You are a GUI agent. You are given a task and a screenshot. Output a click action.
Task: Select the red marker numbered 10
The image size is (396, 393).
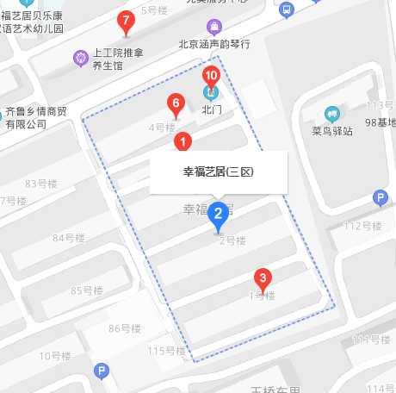tap(211, 75)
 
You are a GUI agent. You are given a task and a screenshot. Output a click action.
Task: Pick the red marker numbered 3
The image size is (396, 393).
tap(263, 278)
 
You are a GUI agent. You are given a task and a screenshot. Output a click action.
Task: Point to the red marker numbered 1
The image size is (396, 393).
tap(183, 140)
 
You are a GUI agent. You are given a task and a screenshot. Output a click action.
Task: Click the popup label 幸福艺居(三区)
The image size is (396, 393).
tap(219, 172)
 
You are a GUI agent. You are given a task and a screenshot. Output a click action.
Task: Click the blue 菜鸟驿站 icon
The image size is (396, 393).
tap(332, 114)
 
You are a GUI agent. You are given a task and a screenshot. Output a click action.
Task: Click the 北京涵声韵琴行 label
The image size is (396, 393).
tap(214, 44)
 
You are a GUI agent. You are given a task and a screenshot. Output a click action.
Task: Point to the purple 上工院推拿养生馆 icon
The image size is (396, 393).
tap(81, 58)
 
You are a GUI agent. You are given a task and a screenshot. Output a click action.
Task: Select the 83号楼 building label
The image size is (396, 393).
tap(40, 184)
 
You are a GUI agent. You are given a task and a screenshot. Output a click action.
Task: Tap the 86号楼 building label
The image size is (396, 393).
tap(125, 328)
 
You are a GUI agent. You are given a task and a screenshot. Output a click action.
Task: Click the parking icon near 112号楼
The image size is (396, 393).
tap(380, 199)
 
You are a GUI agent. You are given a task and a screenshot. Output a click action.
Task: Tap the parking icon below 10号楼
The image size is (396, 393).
tap(102, 371)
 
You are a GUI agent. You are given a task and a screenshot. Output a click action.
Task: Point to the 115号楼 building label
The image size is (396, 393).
tap(166, 351)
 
